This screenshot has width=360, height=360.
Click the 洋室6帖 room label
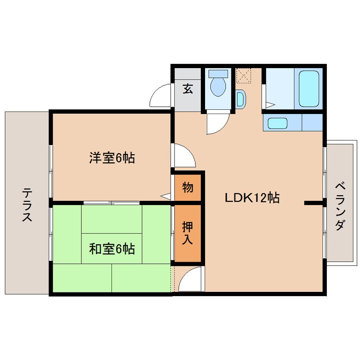112,158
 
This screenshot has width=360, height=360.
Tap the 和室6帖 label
112,249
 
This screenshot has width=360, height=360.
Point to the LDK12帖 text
252,198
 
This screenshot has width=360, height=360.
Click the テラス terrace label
27,206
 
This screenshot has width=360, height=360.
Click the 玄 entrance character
188,89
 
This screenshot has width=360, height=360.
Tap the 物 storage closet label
188,187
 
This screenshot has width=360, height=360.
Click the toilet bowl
218,87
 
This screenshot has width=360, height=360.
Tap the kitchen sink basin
278,123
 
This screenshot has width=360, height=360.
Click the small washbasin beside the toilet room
240,99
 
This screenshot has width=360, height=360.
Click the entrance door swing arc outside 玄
161,96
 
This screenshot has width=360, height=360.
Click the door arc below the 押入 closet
190,279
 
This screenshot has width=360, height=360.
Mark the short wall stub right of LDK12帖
314,203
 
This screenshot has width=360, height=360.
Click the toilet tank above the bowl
218,73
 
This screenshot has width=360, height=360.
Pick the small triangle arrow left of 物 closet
166,196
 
